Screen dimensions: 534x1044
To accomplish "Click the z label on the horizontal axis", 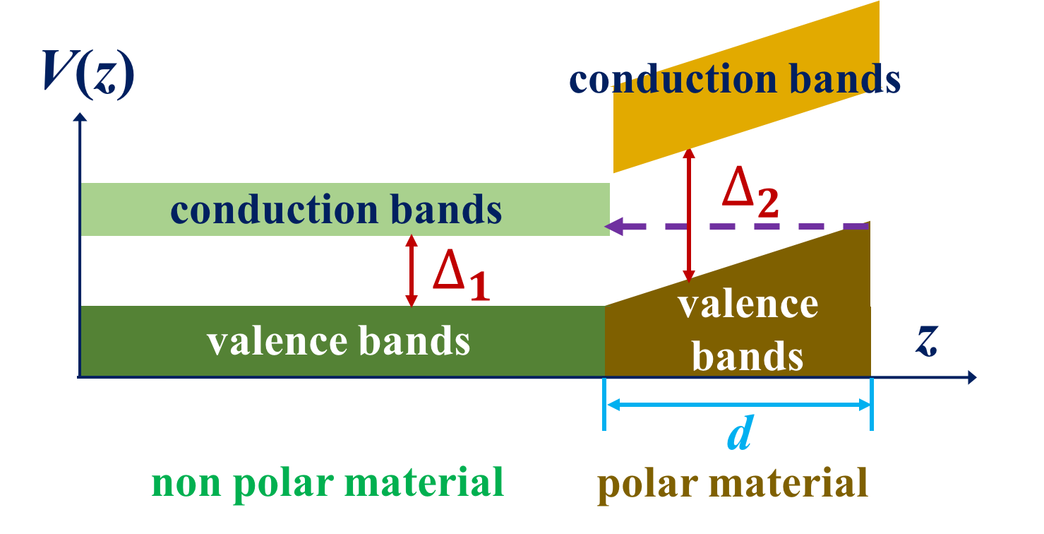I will click(927, 342).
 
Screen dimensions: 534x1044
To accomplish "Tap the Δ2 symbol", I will click(750, 195).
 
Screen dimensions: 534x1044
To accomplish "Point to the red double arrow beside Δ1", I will click(411, 271).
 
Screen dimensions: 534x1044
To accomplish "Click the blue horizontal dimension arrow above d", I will click(738, 405).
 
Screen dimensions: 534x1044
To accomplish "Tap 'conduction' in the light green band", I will click(265, 210).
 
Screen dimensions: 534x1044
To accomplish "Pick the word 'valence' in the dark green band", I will click(277, 341).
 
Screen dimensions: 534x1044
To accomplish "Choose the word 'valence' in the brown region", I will click(748, 304).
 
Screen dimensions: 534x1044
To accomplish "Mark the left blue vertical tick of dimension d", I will click(605, 405).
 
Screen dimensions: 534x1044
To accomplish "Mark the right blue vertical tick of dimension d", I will click(872, 405).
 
